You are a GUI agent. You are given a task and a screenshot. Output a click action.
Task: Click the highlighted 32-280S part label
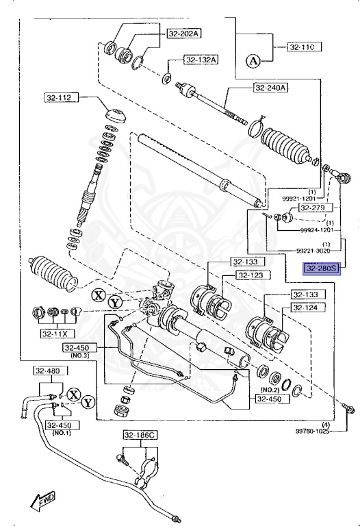click(x=322, y=268)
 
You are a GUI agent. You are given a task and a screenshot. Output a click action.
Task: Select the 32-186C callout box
click(x=140, y=436)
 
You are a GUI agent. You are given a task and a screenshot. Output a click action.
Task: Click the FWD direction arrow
click(x=43, y=500)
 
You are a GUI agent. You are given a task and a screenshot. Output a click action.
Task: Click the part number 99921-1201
click(x=303, y=198)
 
